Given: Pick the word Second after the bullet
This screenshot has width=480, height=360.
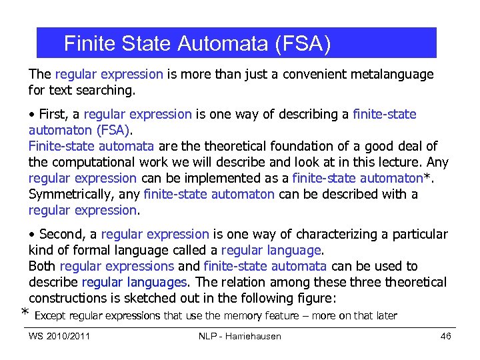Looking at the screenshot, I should click(62, 234).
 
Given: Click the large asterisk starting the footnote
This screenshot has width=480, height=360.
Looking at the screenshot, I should click(25, 314).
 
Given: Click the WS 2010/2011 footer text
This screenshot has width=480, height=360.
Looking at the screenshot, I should click(59, 336).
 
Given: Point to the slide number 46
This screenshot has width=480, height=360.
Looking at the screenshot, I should click(446, 336).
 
